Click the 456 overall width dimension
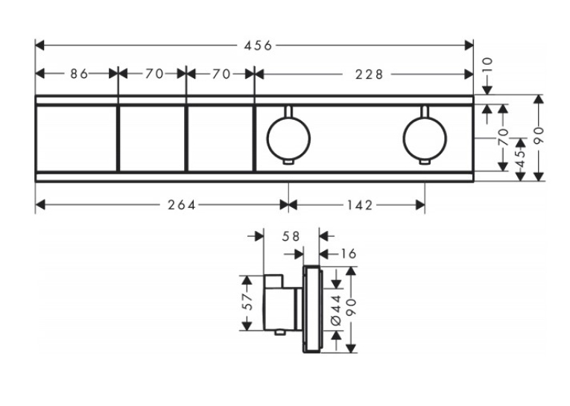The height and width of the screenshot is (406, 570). click(x=258, y=45)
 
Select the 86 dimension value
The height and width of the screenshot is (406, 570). click(x=79, y=74)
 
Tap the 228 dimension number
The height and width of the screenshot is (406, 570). click(x=369, y=74)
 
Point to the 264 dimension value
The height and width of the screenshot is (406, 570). click(x=181, y=205)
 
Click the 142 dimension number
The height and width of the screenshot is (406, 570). click(x=359, y=205)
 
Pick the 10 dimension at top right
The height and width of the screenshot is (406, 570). click(x=487, y=66)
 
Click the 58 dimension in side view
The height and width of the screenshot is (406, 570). click(x=291, y=237)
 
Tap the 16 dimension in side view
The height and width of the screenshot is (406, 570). click(x=348, y=254)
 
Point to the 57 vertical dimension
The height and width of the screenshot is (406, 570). click(x=247, y=301)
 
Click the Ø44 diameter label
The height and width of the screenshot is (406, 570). click(x=336, y=310)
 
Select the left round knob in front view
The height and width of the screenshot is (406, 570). click(x=288, y=139)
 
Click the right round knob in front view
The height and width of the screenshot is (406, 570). click(x=425, y=139)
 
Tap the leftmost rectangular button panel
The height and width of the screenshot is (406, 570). click(x=76, y=138)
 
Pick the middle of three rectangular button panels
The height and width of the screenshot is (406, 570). click(x=152, y=138)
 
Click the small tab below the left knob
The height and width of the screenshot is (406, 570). click(x=288, y=162)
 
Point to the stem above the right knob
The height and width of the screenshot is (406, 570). click(x=425, y=112)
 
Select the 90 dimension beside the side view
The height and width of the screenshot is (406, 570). click(x=352, y=308)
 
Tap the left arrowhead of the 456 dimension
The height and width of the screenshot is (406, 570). click(x=39, y=45)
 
